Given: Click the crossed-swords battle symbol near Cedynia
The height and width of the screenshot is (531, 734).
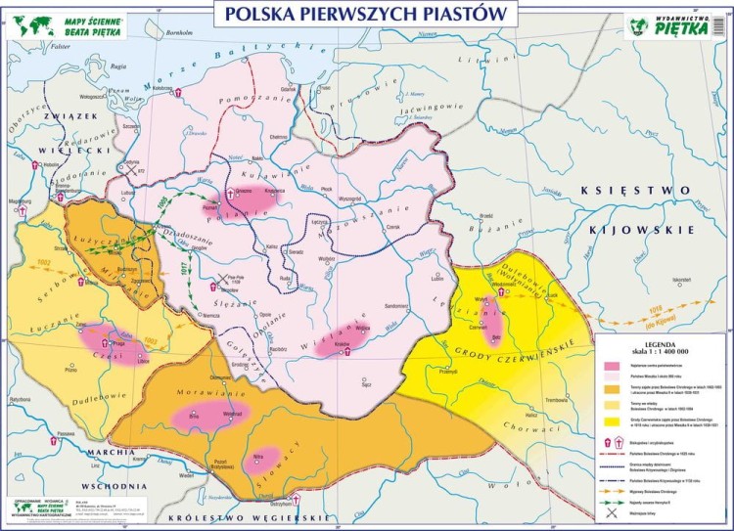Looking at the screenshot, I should [128, 169].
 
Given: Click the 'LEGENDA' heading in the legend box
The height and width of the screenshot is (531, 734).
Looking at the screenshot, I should [660, 342].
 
